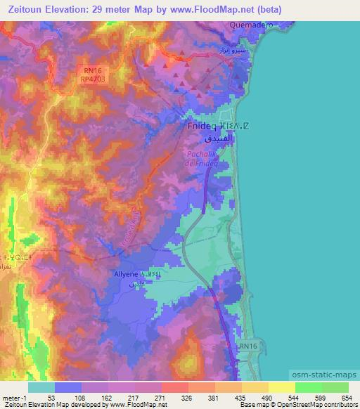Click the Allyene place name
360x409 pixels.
click(126, 274)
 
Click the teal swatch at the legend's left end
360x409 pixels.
click(41, 387)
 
